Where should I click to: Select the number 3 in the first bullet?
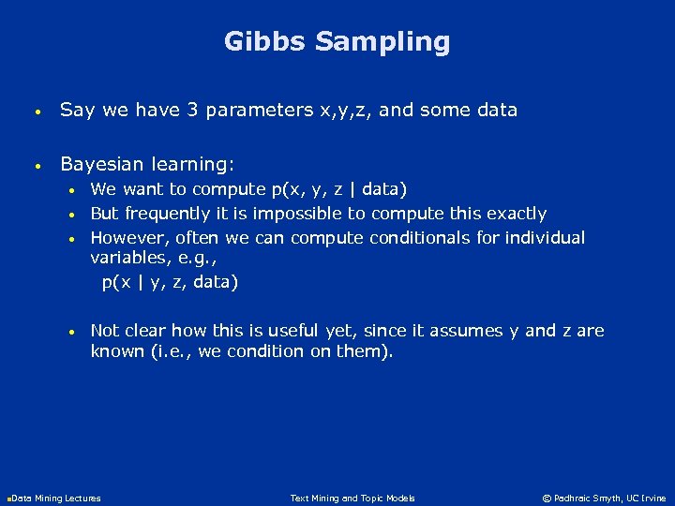(192, 110)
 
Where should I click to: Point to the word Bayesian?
(102, 164)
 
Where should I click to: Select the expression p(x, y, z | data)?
(338, 190)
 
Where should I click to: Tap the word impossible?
(300, 214)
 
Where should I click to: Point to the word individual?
(545, 238)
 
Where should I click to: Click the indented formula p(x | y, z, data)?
(170, 282)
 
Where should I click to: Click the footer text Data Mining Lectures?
(56, 499)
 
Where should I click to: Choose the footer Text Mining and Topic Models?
(352, 499)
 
